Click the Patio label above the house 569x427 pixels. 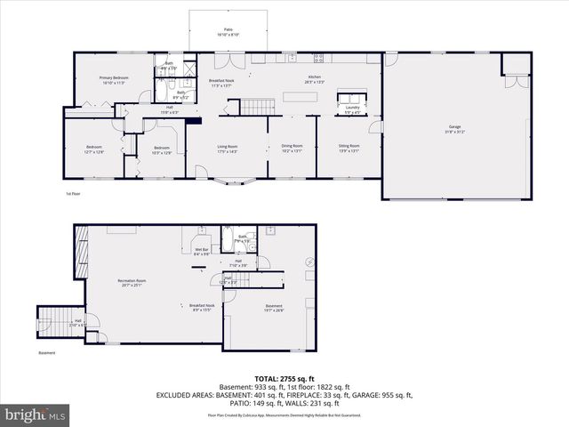click(228, 32)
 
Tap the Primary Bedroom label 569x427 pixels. click(115, 80)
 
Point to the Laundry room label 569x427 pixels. click(354, 110)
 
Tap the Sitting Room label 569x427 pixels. click(349, 148)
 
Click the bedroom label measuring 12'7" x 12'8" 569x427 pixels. click(94, 149)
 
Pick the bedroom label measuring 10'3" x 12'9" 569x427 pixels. click(161, 150)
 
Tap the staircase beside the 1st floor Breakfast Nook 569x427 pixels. click(255, 107)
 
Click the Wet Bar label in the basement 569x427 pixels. click(202, 252)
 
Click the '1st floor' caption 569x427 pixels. click(73, 193)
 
